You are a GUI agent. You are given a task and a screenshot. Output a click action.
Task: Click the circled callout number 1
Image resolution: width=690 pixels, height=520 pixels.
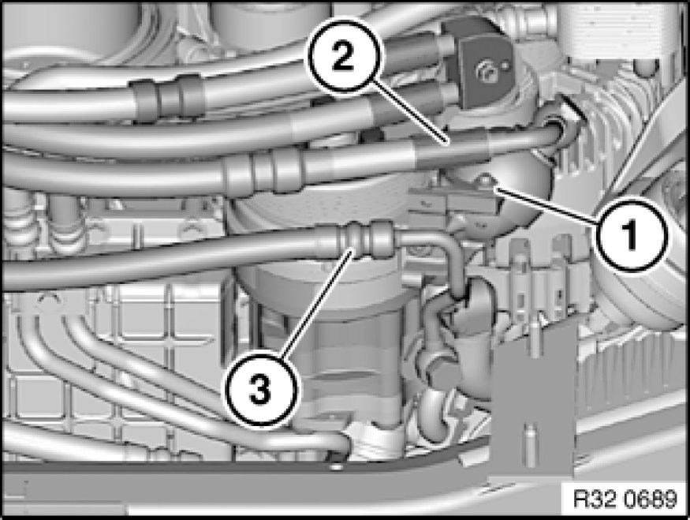[x=631, y=234]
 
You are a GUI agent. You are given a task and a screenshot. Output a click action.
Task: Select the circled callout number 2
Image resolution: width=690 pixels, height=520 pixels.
[x=343, y=55]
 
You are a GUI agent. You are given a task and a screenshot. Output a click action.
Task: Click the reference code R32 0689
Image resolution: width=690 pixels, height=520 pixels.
[x=625, y=499]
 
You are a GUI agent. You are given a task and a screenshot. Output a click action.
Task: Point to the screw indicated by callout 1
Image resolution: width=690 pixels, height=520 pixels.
[x=486, y=179]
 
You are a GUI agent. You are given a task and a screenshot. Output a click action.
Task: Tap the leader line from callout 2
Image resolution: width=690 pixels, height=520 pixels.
[x=411, y=115]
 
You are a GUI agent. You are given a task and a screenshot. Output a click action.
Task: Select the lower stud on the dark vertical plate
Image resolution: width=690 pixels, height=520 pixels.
[x=528, y=435]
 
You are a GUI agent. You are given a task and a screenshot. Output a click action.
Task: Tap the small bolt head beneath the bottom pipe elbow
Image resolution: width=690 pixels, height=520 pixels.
[x=336, y=465]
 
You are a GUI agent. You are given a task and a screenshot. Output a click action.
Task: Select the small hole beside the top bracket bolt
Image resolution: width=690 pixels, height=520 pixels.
[x=505, y=66]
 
